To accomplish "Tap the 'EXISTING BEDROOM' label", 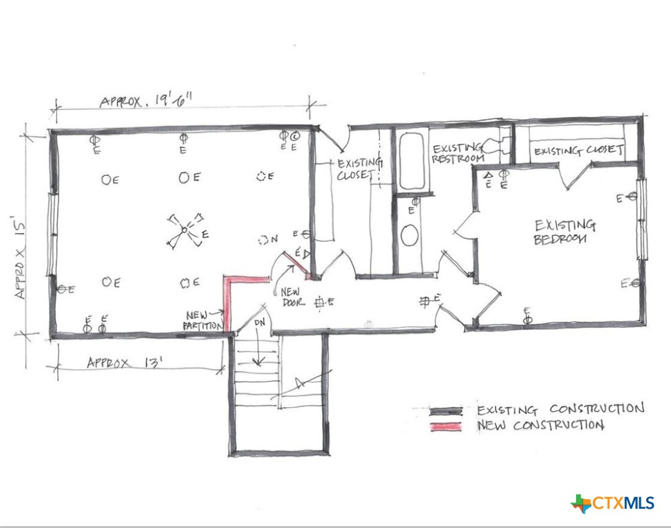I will pyautogui.click(x=564, y=232).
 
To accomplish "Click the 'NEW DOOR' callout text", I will pyautogui.click(x=289, y=296).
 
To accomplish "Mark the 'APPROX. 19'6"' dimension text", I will pyautogui.click(x=146, y=101).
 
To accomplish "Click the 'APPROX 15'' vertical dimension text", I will pyautogui.click(x=22, y=258).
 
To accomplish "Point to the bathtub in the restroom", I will pyautogui.click(x=411, y=161).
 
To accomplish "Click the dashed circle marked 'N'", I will pyautogui.click(x=264, y=240).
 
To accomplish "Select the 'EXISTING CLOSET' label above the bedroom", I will pyautogui.click(x=578, y=151).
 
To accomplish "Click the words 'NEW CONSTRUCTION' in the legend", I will pyautogui.click(x=541, y=426).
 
